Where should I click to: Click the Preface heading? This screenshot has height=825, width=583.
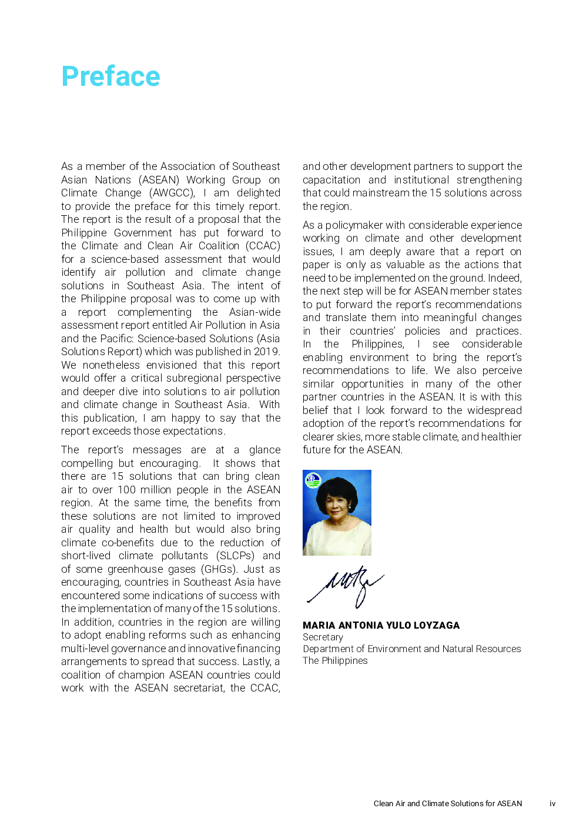pos(110,76)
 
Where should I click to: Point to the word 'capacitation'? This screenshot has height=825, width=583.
pos(331,180)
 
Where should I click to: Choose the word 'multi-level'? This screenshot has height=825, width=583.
pos(84,649)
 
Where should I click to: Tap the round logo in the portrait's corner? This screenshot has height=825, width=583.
pos(313,480)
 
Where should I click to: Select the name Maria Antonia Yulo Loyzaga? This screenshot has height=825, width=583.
pos(381,626)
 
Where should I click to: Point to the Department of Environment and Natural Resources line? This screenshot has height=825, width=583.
pos(411,649)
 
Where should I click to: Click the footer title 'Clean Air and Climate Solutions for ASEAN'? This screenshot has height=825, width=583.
pos(448,804)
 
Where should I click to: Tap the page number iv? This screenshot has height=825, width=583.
pos(552,804)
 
